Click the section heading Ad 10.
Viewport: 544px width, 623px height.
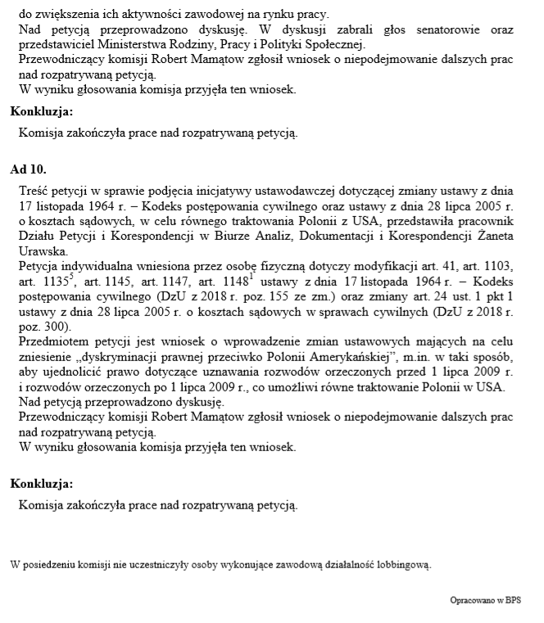click(x=28, y=170)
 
